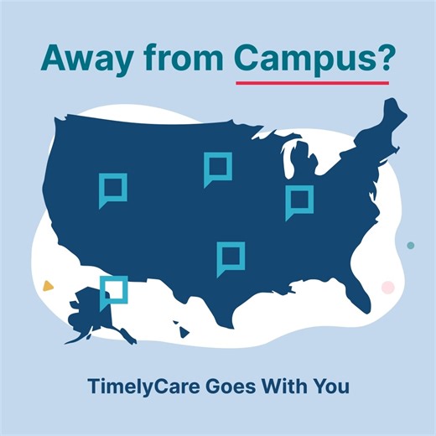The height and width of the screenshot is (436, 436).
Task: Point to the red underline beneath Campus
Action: (311, 83)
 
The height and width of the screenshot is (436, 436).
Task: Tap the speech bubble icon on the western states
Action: (112, 189)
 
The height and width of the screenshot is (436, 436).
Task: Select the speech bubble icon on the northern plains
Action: (216, 169)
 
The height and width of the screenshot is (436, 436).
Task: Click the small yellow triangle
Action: (49, 285)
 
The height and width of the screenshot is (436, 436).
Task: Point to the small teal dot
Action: (410, 246)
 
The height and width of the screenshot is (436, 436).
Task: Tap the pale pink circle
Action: (387, 287)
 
